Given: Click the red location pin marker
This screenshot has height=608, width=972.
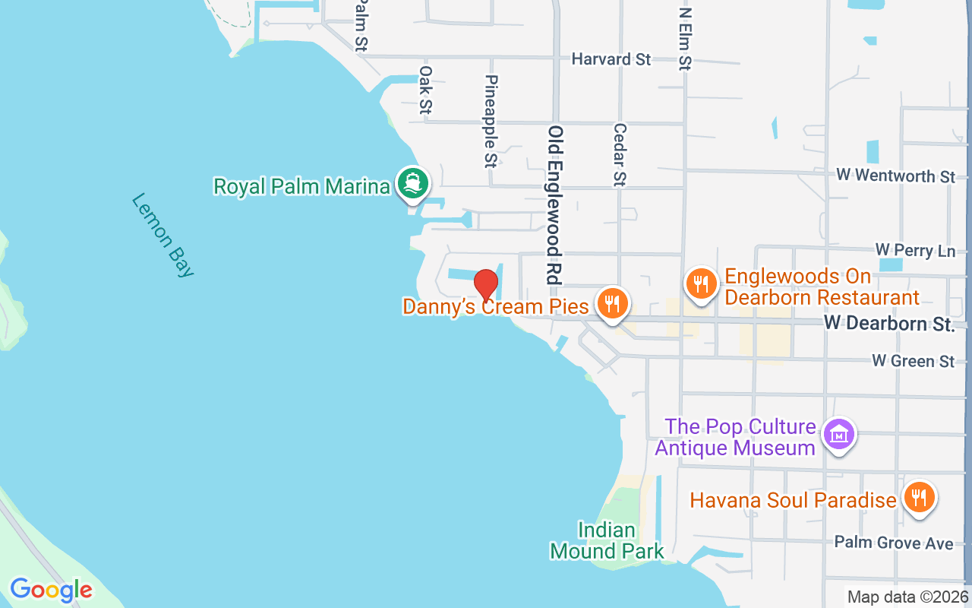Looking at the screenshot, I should pos(486,286).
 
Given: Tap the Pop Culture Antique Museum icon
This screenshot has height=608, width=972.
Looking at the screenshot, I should pos(839,435).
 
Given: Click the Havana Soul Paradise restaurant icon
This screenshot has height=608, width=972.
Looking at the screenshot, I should pos(919,498).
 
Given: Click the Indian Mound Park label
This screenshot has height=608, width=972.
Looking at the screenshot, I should pos(607,540).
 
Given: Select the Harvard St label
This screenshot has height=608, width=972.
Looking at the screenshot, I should pos(611,59).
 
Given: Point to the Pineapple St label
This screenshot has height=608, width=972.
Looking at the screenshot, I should pos(491,121).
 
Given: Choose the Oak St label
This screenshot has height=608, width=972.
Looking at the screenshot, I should pos(425,90).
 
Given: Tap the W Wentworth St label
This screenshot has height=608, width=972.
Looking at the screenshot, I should pos(895,176).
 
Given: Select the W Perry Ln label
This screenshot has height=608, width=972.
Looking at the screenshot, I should pos(915,250).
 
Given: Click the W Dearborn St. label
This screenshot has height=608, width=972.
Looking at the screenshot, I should pos(888,324).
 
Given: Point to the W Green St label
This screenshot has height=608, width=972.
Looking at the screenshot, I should pos(913,360).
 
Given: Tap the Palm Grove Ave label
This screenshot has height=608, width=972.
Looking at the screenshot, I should pos(893,543).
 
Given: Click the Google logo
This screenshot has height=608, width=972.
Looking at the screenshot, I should pos(51,590).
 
